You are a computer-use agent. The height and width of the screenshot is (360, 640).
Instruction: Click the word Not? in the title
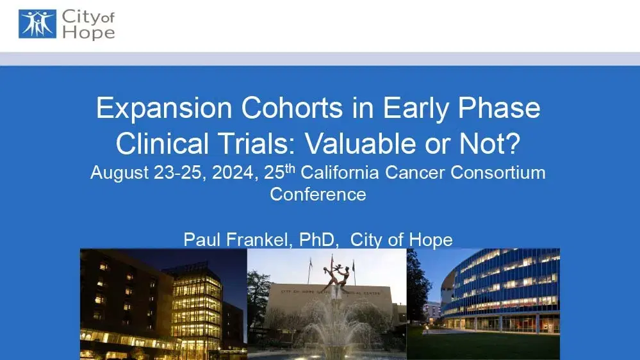coord(494,143)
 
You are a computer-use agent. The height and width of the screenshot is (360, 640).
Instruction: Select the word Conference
coord(318,193)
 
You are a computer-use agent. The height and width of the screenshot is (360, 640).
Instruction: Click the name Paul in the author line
coord(201,240)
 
